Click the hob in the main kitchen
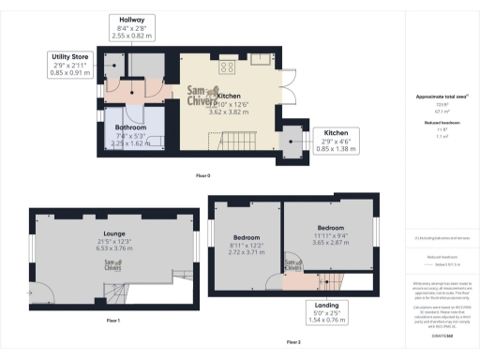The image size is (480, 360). coord(227,67)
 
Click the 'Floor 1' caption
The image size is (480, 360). coord(112,322)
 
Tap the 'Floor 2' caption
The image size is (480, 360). coord(293,342)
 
